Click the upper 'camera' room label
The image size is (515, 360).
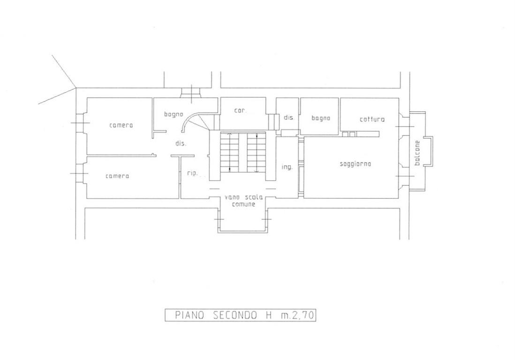pos(121,125)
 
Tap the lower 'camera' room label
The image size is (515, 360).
pos(117,176)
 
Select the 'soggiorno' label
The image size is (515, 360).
pos(356,164)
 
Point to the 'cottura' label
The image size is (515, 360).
pos(372,119)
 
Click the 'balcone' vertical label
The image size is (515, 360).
pos(417,153)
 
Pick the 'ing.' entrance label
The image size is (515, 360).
pos(287,167)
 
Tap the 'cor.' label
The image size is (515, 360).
pos(240,111)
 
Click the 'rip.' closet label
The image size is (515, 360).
pos(192,173)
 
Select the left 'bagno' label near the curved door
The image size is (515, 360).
pos(174,114)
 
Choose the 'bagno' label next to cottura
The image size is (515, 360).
pos(320,118)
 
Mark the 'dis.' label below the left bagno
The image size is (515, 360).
pos(181,143)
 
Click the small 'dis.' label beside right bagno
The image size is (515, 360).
pos(289,118)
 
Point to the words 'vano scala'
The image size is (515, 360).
pos(243,197)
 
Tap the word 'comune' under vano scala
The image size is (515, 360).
pos(243,204)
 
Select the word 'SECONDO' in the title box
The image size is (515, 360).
pos(235,315)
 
